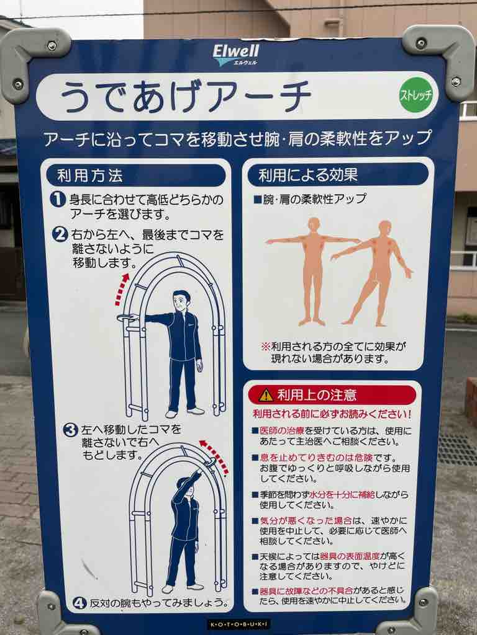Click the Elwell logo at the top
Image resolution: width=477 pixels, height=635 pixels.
pos(235,55)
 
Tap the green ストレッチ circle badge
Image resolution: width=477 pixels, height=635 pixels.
pos(416,94)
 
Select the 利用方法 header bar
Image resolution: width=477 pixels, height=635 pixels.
pos(136,175)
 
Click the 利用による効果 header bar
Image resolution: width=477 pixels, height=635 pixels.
pos(338,175)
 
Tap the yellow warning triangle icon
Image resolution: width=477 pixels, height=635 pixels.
pos(266,395)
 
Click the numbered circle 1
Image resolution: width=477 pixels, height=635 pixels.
pos(58,199)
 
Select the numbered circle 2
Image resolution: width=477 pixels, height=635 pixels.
pos(60,234)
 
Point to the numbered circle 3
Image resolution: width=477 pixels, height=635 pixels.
pos(70,430)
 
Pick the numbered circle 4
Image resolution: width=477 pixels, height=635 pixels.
pos(79,603)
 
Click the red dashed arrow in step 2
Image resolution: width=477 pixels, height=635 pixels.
pos(120,289)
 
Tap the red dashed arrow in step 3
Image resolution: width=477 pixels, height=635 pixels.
pos(214,456)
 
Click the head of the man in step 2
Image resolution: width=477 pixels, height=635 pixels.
pos(181,302)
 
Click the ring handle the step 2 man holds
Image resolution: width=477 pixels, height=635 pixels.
pos(127,318)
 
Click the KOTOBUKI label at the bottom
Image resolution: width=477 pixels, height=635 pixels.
pos(238,624)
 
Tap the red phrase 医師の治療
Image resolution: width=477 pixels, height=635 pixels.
pos(282,430)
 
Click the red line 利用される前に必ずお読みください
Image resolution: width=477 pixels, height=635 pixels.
pos(332,414)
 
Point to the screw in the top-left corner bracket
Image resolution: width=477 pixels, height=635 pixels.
pos(52,46)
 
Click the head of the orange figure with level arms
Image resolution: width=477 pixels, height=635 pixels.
pos(314,223)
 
